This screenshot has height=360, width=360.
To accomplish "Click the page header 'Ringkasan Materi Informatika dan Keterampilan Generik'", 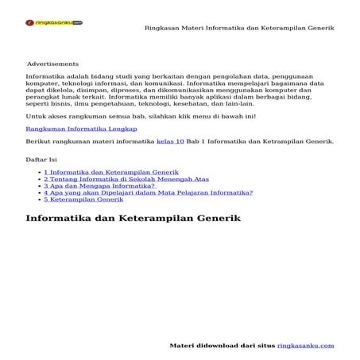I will click(x=239, y=28).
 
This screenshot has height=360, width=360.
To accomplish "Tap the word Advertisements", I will click(x=52, y=64).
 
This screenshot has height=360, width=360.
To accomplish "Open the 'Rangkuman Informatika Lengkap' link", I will click(x=81, y=127).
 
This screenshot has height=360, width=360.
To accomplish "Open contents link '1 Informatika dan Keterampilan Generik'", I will click(x=110, y=172).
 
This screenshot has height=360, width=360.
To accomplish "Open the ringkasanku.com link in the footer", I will click(x=306, y=346).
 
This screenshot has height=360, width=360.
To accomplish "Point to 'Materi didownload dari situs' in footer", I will click(x=223, y=346).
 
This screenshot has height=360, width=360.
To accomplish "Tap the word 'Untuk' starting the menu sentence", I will click(x=36, y=116).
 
